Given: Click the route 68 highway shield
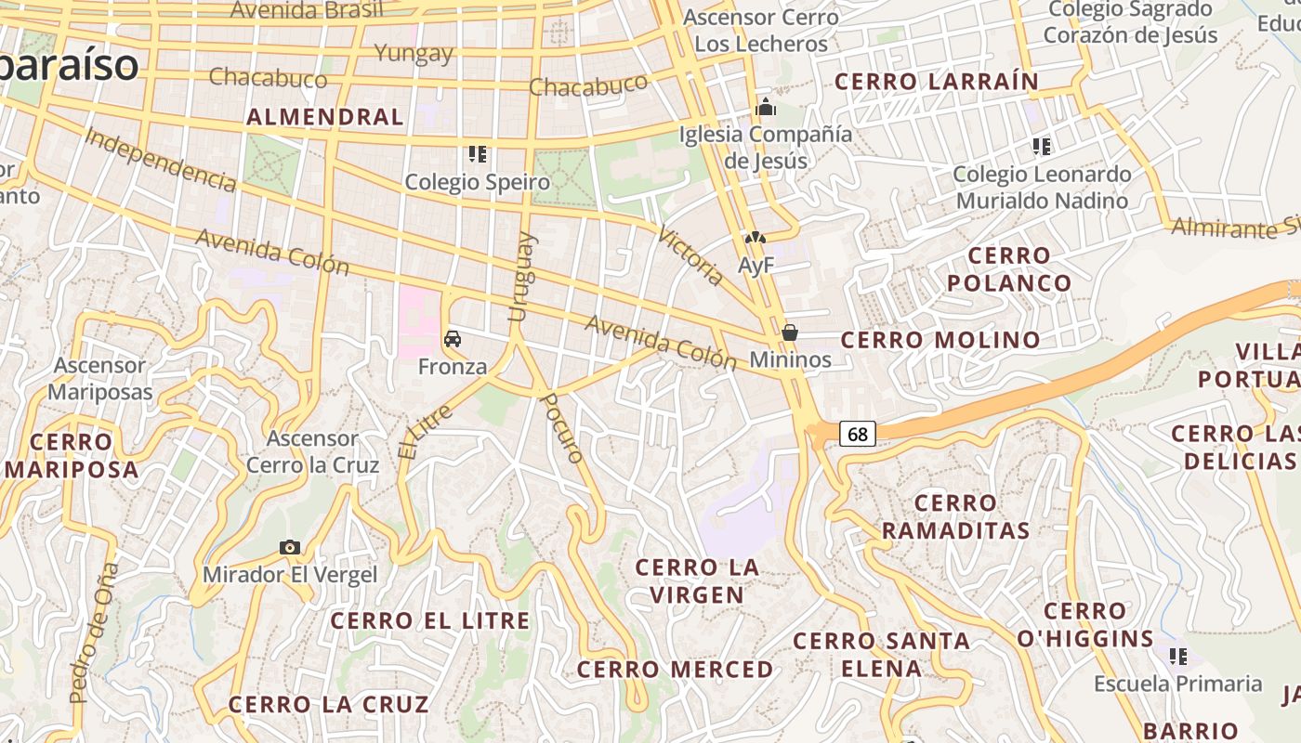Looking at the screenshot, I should (x=858, y=434).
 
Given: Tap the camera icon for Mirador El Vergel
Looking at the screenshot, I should (x=290, y=548).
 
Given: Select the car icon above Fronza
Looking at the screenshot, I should (x=453, y=339).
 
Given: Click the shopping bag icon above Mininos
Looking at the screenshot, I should (x=790, y=332).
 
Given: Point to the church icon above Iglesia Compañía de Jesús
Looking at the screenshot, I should (x=766, y=107).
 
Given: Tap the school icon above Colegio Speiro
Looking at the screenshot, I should (x=478, y=153).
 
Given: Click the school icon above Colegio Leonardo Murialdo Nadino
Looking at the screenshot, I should (x=1041, y=146).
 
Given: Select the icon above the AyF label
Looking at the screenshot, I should (x=756, y=239).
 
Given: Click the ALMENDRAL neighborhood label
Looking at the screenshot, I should (x=325, y=117).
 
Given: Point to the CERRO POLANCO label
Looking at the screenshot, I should (x=1009, y=268).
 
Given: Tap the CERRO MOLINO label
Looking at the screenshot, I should (x=940, y=340).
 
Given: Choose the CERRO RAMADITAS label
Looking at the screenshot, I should (x=955, y=516).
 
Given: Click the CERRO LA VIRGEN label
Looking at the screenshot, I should (x=697, y=580).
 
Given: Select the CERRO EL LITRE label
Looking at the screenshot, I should (x=430, y=620).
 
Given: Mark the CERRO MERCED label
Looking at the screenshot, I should (x=675, y=670).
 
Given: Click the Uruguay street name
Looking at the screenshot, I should (x=522, y=277).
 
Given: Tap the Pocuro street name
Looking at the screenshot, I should (x=563, y=428).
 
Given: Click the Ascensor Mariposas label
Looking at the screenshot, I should (x=99, y=378).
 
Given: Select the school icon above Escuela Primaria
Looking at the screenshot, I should (x=1178, y=657).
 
